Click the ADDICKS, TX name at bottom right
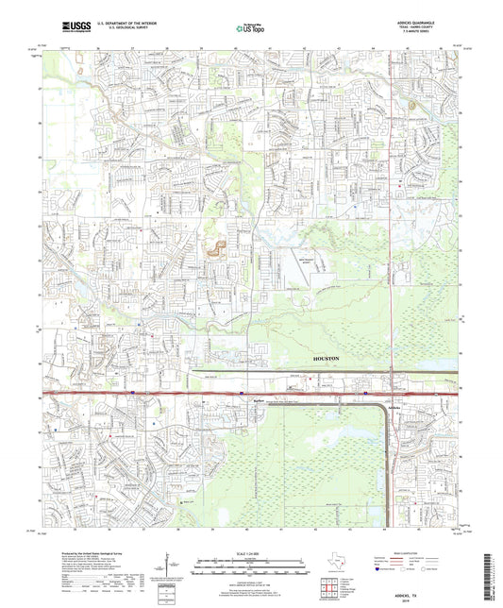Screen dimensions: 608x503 (431, 582)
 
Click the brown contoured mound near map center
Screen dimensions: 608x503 (216, 249)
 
